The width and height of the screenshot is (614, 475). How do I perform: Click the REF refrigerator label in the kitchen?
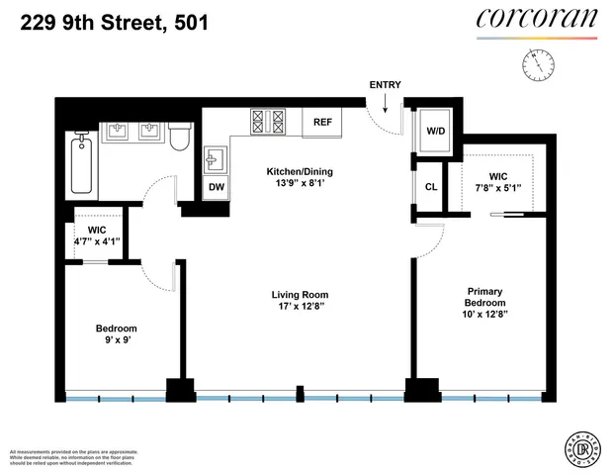[321, 122]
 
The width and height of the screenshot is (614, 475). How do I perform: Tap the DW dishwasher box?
[216, 186]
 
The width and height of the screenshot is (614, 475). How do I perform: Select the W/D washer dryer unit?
[435, 132]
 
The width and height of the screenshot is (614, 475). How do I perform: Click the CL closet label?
[431, 186]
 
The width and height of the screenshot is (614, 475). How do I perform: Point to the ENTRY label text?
[385, 85]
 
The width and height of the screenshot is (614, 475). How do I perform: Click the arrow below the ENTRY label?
[385, 101]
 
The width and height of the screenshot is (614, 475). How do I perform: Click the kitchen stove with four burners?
[269, 122]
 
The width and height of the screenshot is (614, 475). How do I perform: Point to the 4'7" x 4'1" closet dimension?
[97, 240]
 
